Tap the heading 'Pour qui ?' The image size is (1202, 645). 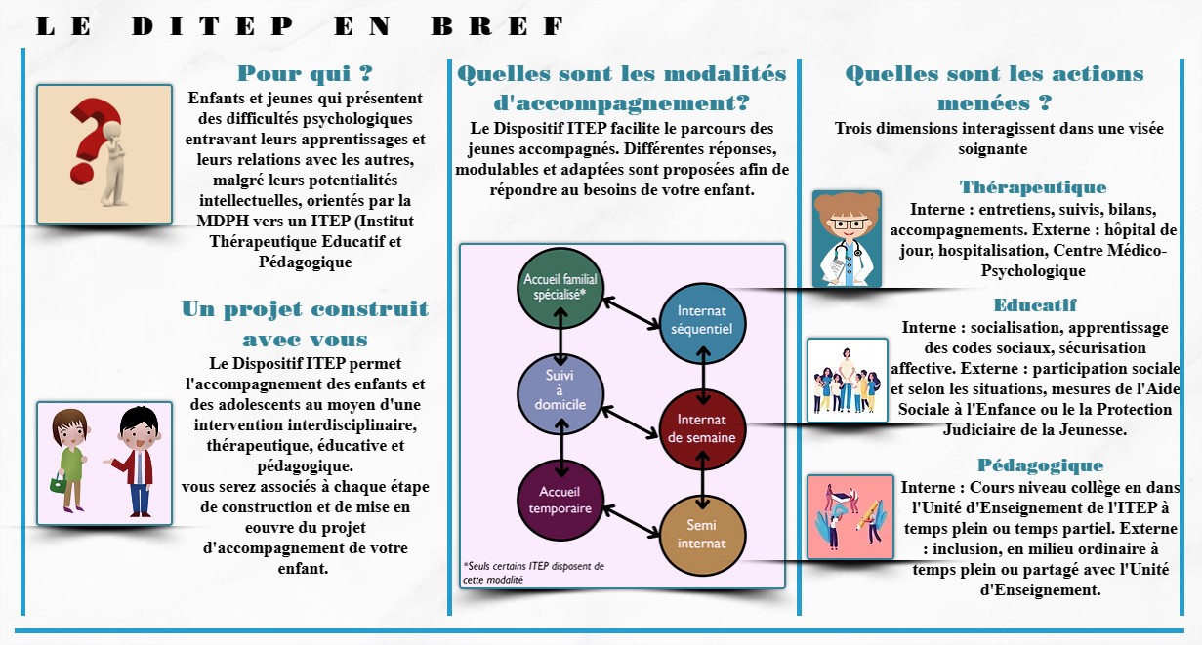click(305, 73)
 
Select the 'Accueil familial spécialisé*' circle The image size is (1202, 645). click(560, 288)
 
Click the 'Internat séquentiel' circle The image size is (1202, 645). click(702, 324)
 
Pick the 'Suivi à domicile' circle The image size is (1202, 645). click(560, 394)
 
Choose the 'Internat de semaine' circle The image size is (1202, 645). click(702, 430)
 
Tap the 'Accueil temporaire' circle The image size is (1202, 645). click(560, 501)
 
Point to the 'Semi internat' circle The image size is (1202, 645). click(702, 536)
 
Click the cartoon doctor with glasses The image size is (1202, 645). click(847, 239)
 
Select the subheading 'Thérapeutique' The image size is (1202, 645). click(1033, 187)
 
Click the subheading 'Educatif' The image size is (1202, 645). click(1035, 305)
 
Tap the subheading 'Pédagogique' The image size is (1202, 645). click(1040, 465)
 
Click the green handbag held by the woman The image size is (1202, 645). click(58, 483)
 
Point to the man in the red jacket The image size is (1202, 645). click(137, 462)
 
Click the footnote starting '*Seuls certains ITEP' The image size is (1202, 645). click(533, 573)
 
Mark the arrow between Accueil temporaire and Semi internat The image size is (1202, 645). click(631, 521)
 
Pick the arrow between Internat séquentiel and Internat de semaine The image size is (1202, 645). click(703, 376)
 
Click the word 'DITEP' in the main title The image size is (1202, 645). click(213, 26)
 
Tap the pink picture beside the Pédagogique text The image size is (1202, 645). click(850, 517)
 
